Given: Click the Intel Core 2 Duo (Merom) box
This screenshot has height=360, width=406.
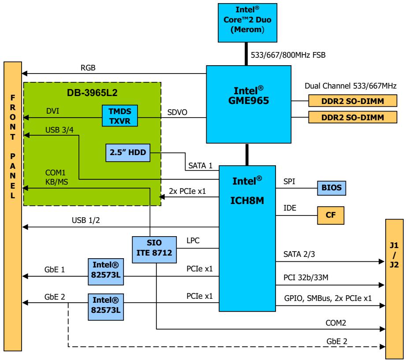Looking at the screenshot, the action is (x=247, y=23).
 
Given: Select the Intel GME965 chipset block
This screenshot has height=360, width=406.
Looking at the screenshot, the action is (x=249, y=104).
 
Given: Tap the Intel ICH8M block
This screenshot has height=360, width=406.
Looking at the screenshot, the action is (x=247, y=238).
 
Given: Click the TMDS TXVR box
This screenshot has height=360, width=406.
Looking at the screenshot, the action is (x=119, y=116).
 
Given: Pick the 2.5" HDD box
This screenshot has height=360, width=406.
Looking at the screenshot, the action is (x=128, y=153).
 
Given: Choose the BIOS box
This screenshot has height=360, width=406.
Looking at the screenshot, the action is (x=332, y=188).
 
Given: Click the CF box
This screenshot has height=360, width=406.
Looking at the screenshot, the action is (x=331, y=215).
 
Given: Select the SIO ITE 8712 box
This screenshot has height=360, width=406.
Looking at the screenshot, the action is (x=154, y=250).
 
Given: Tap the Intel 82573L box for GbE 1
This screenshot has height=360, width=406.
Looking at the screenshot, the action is (x=106, y=272).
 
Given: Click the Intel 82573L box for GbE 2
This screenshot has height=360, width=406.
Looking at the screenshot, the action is (x=106, y=307).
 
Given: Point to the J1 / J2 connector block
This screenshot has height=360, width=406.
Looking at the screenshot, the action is (x=395, y=289).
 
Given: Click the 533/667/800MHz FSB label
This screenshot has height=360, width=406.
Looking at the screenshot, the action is (x=288, y=55).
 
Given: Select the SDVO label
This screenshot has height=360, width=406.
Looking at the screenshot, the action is (x=177, y=112).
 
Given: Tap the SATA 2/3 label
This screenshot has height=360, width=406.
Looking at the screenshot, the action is (x=299, y=254).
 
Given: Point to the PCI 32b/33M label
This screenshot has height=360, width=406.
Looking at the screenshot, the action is (x=306, y=278).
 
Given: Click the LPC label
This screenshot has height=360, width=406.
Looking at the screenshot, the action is (x=193, y=241).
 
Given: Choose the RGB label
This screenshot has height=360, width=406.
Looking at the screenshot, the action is (x=88, y=68).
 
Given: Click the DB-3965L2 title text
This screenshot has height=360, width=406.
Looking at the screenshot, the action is (x=92, y=93).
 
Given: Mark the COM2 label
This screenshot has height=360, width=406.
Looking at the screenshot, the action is (x=336, y=323).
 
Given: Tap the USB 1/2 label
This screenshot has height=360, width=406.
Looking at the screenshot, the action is (x=86, y=220).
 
